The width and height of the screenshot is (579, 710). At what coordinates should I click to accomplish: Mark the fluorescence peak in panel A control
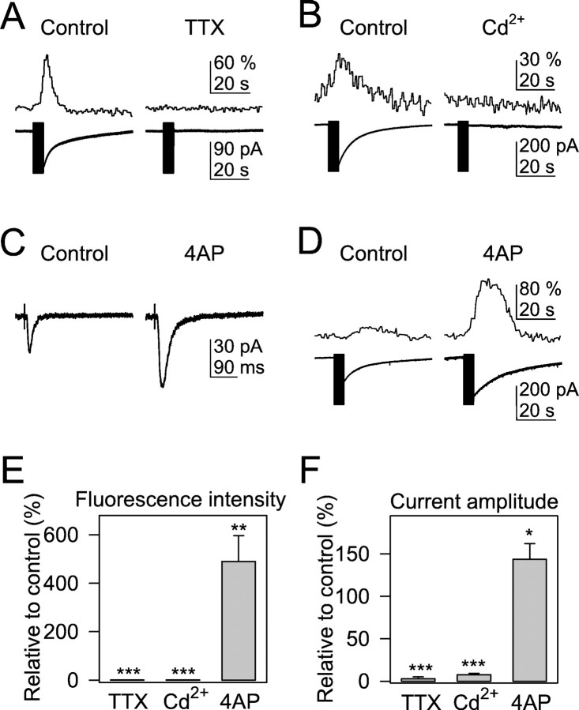(x=47, y=56)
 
